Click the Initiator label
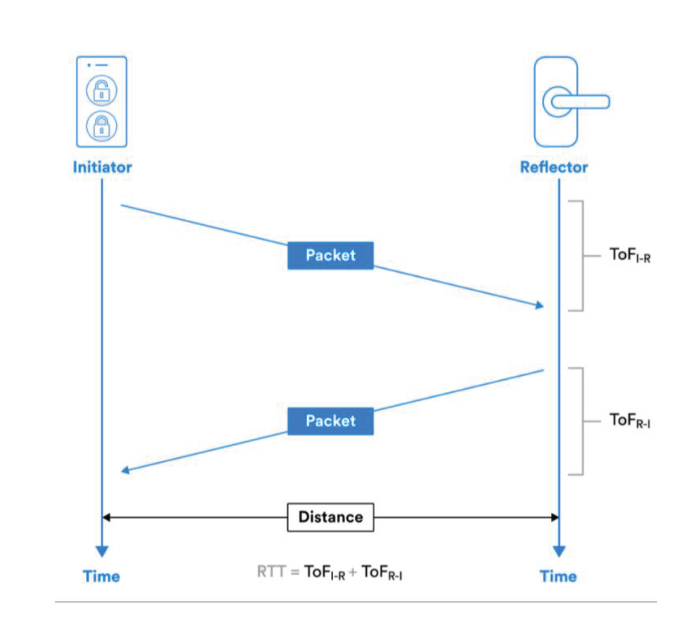pos(102,167)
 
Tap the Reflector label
pos(554,167)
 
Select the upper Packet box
pos(330,255)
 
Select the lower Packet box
pos(330,421)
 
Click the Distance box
pos(330,517)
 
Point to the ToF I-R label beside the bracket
pos(630,255)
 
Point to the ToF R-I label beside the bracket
pos(630,420)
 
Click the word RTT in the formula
pos(271,571)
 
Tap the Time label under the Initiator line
pos(101,576)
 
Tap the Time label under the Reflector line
pos(558,576)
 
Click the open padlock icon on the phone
pos(101,91)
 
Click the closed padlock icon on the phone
pos(101,126)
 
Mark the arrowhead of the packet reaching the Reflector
pos(540,305)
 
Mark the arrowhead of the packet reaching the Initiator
pos(125,470)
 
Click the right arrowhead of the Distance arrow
pos(555,517)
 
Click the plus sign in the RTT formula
pos(353,572)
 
